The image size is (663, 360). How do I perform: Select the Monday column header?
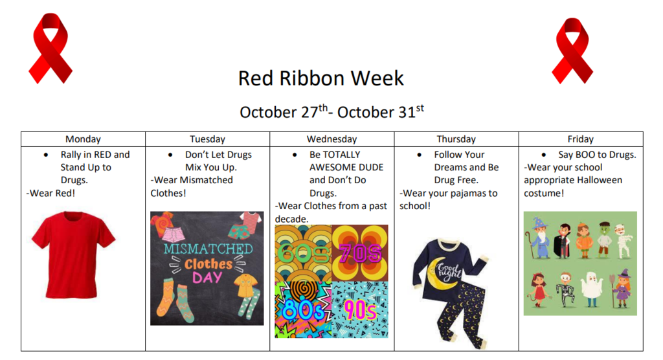click(83, 139)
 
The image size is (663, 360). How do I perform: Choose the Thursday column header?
click(456, 139)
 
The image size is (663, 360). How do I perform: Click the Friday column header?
click(580, 139)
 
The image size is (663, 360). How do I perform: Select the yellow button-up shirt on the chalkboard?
click(247, 286)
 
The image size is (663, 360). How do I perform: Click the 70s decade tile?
click(360, 253)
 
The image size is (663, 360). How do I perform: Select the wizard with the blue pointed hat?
click(540, 238)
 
